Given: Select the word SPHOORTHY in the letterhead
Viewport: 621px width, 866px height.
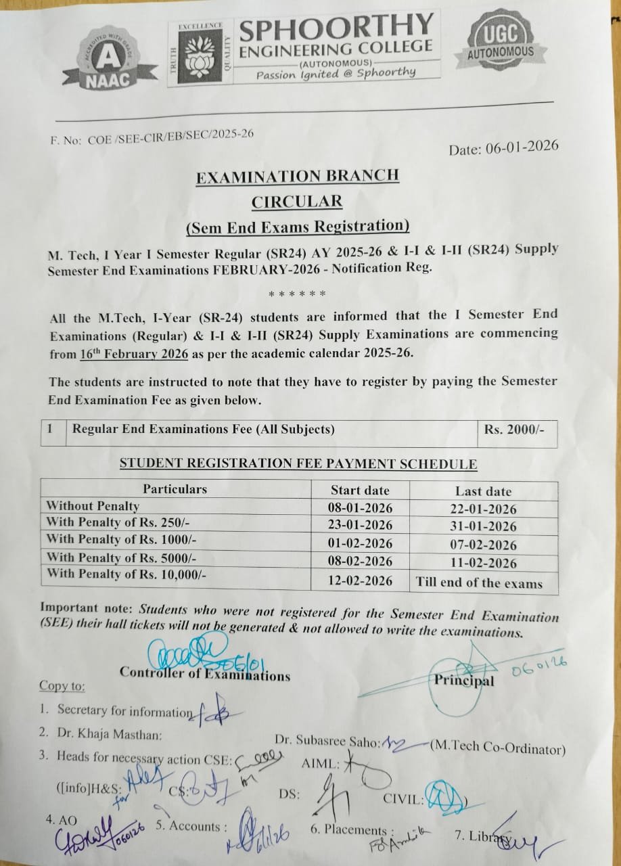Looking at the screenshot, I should pyautogui.click(x=336, y=29).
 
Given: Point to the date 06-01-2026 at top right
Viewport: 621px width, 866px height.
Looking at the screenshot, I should pyautogui.click(x=504, y=147).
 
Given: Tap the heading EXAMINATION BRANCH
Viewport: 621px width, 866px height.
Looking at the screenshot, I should pyautogui.click(x=297, y=177).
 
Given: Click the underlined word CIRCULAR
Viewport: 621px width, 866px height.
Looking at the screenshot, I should pyautogui.click(x=297, y=201).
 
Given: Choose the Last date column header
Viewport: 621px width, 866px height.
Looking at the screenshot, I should pyautogui.click(x=483, y=491).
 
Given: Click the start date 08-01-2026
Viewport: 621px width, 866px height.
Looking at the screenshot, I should pyautogui.click(x=361, y=507).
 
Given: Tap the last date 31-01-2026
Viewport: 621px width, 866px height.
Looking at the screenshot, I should pyautogui.click(x=483, y=526).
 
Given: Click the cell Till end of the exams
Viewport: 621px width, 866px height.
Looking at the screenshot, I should pyautogui.click(x=479, y=583).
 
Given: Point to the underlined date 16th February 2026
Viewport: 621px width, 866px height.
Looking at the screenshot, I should pyautogui.click(x=130, y=353).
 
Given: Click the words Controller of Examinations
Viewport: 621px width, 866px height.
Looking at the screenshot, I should pyautogui.click(x=205, y=674).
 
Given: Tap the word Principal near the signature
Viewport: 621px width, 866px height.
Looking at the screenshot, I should pyautogui.click(x=464, y=681).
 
